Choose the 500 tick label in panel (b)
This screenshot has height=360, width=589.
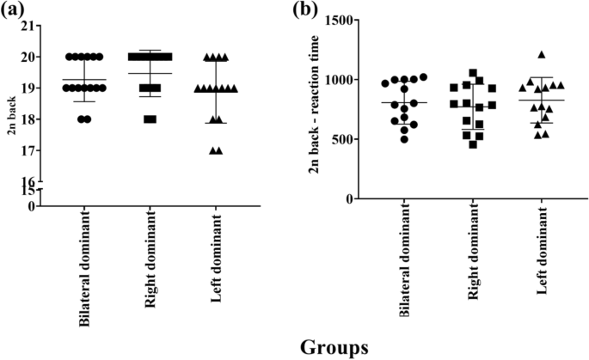tap(341, 139)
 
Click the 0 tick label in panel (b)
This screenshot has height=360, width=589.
tap(348, 198)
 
